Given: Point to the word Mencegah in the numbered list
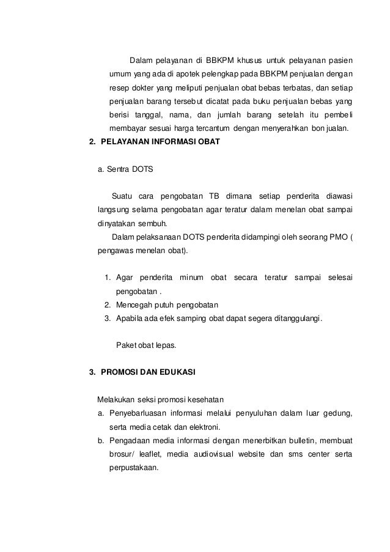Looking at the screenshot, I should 133,304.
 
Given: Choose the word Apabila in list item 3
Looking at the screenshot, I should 129,318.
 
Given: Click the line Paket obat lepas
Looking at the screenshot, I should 145,345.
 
